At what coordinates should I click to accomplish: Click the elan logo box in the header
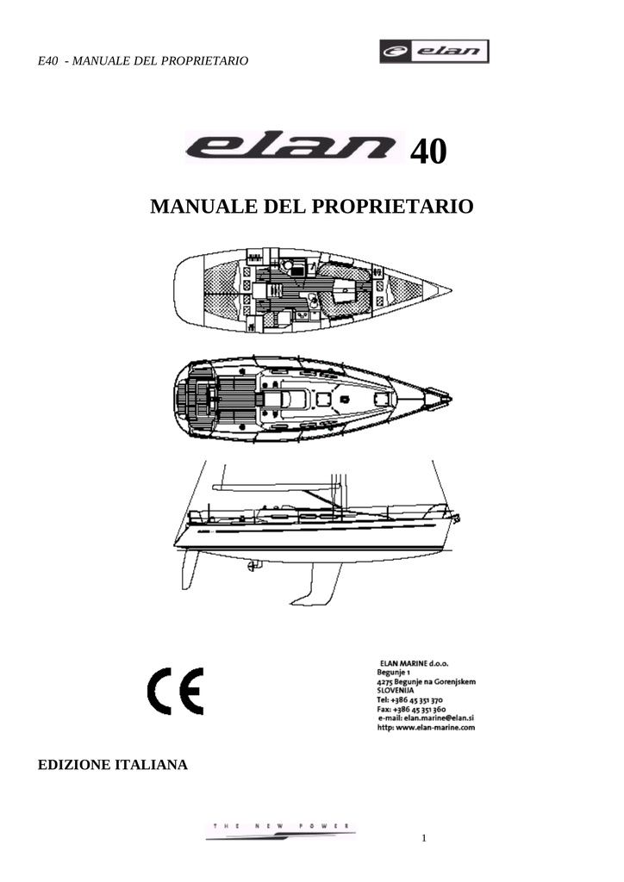434,51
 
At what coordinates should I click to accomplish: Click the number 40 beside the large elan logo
428,152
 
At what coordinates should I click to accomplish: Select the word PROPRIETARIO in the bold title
392,206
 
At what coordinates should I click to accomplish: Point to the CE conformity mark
175,692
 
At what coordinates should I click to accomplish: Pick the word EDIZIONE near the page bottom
75,765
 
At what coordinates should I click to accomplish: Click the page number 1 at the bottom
424,838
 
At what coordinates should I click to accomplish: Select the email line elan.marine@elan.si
426,717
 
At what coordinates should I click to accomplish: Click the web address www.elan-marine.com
426,727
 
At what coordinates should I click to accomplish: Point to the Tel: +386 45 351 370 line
409,700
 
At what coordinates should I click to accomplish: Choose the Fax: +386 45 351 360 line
411,710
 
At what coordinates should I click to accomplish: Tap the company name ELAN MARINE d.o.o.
414,664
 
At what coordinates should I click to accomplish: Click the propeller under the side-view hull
252,565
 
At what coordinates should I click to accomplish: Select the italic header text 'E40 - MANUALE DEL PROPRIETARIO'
143,61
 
